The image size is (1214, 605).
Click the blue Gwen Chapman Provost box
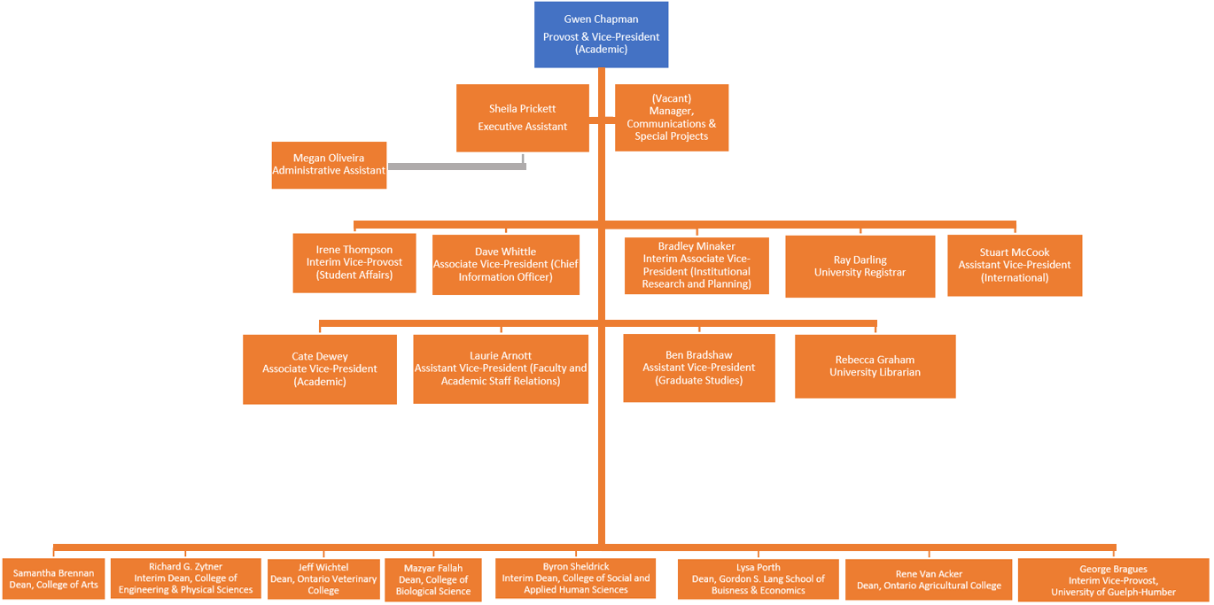[601, 35]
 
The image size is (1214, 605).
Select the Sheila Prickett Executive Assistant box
[522, 118]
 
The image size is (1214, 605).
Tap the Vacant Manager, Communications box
[671, 118]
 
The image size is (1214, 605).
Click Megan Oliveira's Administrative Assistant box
[329, 165]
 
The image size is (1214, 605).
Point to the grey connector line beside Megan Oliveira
[456, 166]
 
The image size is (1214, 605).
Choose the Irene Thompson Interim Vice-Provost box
[354, 262]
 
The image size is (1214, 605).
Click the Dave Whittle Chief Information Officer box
[505, 264]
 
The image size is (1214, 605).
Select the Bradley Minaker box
[696, 265]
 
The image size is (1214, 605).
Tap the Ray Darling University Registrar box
[860, 266]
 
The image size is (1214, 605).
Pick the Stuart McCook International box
[1014, 265]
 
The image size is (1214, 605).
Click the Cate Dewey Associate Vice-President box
[319, 368]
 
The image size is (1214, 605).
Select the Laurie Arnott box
[500, 368]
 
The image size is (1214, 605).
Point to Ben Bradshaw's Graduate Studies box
[698, 368]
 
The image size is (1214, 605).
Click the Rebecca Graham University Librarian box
[875, 366]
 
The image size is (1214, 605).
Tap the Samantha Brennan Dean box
[53, 578]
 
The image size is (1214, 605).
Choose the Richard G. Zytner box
[185, 578]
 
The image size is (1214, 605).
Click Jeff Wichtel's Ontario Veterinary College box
[323, 578]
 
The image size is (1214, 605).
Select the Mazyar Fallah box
[432, 580]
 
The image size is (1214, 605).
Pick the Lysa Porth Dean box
[758, 578]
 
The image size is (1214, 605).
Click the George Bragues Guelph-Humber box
[1112, 580]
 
